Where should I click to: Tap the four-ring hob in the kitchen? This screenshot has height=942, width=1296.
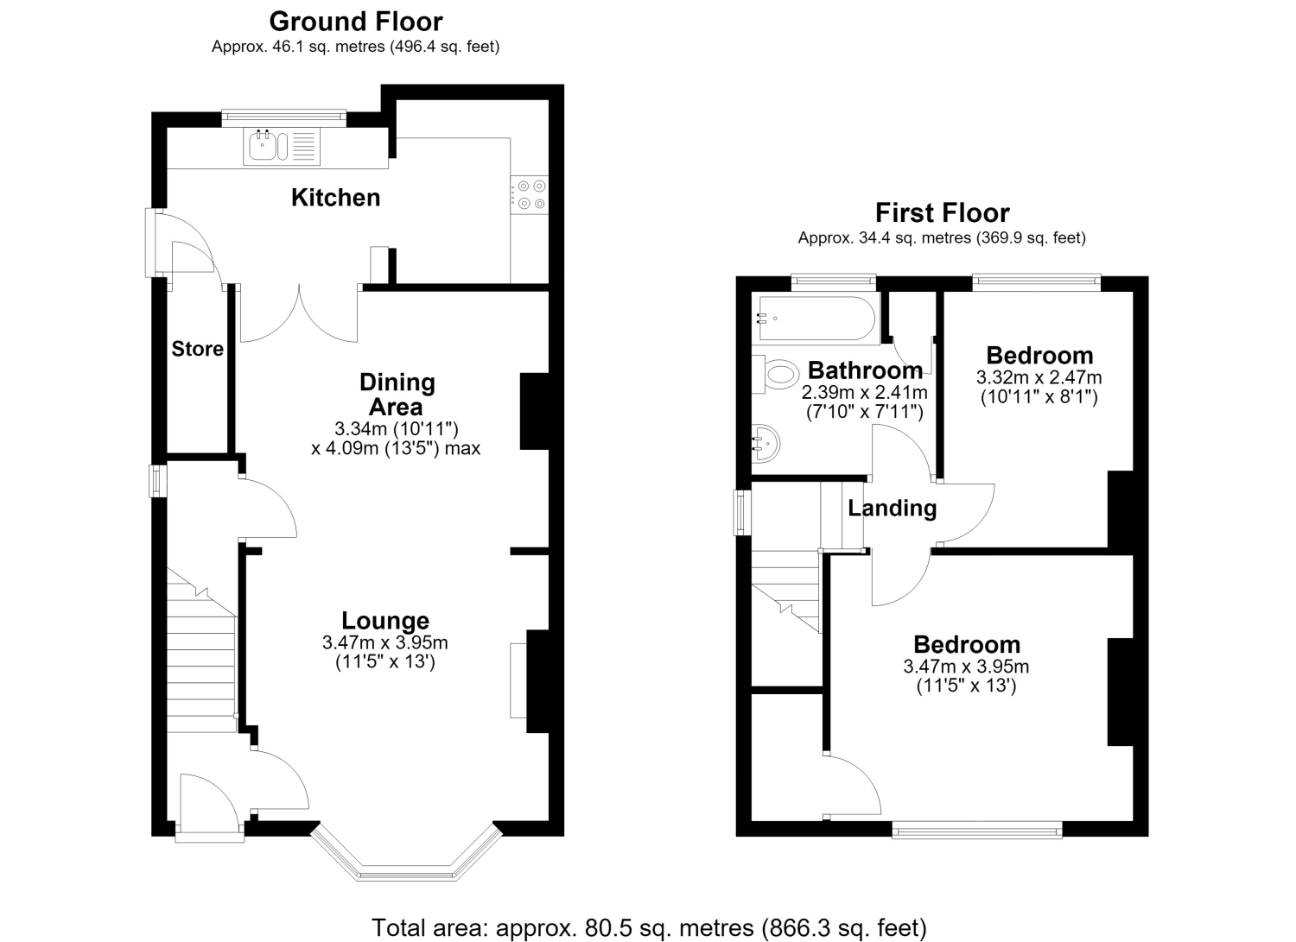point(530,195)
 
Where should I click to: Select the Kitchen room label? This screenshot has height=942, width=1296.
point(335,198)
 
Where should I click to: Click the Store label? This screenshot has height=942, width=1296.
point(197,349)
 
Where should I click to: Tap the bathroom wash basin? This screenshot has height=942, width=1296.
point(766,444)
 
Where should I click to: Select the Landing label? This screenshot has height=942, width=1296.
point(893,509)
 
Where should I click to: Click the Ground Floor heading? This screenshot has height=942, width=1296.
point(356,22)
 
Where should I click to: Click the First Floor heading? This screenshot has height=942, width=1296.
point(943,212)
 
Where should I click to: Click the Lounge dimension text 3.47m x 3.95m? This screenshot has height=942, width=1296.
point(385,642)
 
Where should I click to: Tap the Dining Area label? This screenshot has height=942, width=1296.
point(397,395)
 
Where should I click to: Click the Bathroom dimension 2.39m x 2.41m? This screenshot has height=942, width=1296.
point(864,393)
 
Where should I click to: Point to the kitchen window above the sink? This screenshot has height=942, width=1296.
point(284,118)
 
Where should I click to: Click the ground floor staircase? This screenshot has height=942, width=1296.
point(202,650)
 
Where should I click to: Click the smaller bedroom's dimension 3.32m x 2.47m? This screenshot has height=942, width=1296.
point(1039,377)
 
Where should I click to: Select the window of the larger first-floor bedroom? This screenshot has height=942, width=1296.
point(977,830)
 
